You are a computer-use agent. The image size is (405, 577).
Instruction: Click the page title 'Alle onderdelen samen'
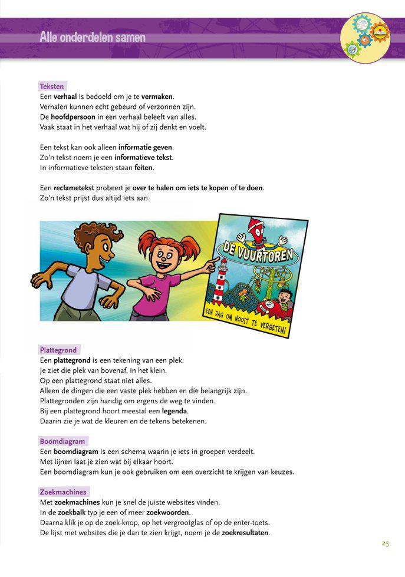pyautogui.click(x=93, y=38)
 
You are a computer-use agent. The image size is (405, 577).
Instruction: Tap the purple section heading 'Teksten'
pyautogui.click(x=52, y=86)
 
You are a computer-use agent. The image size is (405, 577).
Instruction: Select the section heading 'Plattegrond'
pyautogui.click(x=58, y=350)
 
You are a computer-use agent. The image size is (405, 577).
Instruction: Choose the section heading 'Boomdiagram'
pyautogui.click(x=62, y=441)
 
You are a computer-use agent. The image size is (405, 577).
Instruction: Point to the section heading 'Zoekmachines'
pyautogui.click(x=63, y=492)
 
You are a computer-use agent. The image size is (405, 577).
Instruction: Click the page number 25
pyautogui.click(x=385, y=543)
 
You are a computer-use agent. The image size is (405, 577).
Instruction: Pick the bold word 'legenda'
pyautogui.click(x=175, y=410)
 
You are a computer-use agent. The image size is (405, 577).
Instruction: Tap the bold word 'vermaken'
pyautogui.click(x=157, y=96)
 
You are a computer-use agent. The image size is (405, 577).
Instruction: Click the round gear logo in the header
pyautogui.click(x=366, y=37)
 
